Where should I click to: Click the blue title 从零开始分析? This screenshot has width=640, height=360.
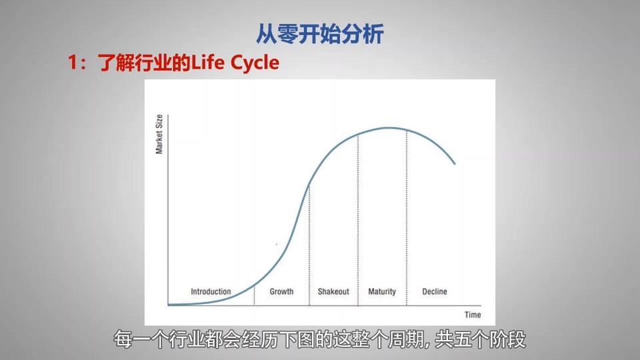[320, 34]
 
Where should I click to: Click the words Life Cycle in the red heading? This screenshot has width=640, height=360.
[235, 63]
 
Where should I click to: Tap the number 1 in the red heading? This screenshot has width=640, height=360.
[73, 63]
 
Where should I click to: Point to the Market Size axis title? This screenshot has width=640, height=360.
[159, 134]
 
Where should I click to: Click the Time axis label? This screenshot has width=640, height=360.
[473, 315]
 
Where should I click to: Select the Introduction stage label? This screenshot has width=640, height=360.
[211, 291]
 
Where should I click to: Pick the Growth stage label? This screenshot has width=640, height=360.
[281, 291]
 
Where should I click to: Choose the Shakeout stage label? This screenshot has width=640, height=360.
[333, 291]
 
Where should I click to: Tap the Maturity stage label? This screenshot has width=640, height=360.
[382, 291]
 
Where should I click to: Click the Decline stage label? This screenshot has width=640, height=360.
[434, 291]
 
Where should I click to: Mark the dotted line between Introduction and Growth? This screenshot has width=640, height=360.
[254, 295]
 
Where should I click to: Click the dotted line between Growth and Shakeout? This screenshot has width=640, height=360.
[309, 245]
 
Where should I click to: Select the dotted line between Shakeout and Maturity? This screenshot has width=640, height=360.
[358, 221]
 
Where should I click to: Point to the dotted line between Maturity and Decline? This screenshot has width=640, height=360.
[407, 217]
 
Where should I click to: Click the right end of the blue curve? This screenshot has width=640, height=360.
[455, 164]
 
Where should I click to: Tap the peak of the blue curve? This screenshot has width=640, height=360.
[388, 128]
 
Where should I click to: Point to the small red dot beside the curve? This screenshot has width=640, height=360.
[277, 245]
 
